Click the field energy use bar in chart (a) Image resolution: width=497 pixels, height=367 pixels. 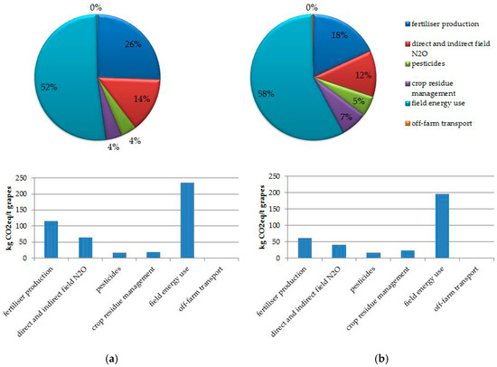[x=187, y=221]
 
